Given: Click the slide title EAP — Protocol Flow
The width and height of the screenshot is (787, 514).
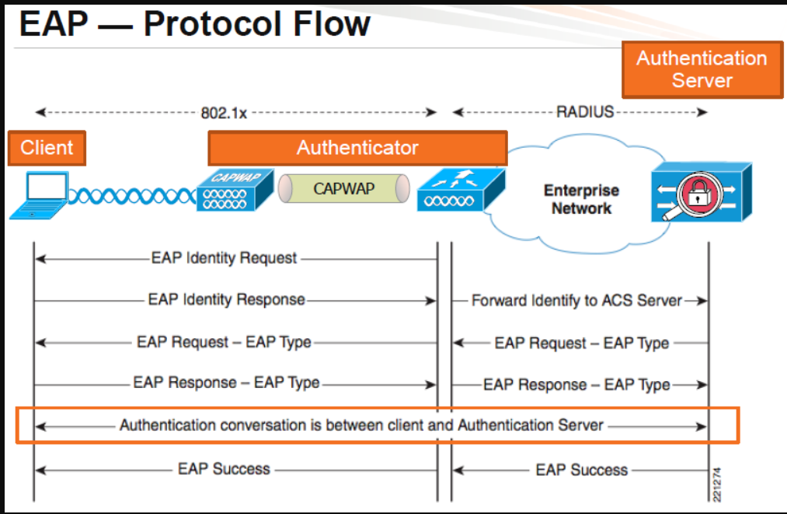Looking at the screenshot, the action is point(194,23).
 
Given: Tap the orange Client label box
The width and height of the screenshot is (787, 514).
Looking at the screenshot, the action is point(47,148).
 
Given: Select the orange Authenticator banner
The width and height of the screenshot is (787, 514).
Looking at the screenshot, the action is point(357,148).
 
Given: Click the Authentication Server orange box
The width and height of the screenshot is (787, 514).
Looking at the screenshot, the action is point(702,69).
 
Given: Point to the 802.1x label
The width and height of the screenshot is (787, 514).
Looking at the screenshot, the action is point(224,113).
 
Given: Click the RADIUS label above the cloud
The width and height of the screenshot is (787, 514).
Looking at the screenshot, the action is point(585,111).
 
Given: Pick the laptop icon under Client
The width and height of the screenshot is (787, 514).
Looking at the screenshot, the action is point(39,195).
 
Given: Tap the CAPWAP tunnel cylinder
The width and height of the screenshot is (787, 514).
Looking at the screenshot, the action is point(344,188).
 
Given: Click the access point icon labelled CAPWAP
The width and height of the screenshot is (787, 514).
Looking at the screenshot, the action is point(235,190).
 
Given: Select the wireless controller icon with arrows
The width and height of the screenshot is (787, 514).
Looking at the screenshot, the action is point(461,190).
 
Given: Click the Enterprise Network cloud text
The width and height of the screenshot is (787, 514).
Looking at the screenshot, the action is point(581,199).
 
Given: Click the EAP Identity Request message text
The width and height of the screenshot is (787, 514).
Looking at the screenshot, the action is point(224,257).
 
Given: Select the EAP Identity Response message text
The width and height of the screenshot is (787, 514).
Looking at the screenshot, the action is point(226,299).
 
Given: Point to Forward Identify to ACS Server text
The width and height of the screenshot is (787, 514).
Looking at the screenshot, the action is point(576,300).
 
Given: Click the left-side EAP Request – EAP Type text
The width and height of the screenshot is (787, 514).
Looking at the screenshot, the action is point(224,342).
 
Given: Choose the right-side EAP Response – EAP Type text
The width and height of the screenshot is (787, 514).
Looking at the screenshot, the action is point(576,384).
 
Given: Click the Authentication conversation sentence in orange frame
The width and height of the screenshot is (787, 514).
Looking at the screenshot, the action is point(361,425).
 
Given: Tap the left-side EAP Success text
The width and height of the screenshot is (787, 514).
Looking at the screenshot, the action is point(224,469).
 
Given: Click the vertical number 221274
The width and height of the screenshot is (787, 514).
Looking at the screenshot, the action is point(717,484).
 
